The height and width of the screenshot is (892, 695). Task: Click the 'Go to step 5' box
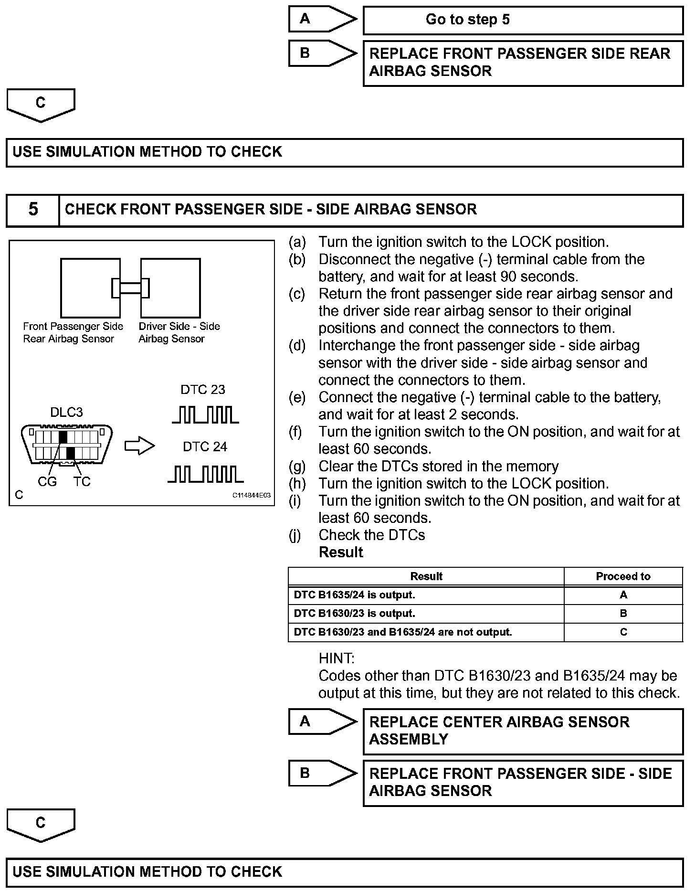point(523,20)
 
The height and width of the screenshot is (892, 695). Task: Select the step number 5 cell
point(33,210)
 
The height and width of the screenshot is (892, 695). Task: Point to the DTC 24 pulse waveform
point(205,474)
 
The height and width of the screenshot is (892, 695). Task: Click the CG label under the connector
point(47,482)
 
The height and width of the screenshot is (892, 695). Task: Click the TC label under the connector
point(82,482)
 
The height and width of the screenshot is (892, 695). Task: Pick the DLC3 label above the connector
point(66,413)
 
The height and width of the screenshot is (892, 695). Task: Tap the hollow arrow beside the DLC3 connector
point(139,446)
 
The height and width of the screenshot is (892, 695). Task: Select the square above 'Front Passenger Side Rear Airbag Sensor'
point(90,288)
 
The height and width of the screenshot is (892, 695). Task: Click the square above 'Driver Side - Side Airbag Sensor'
point(170,288)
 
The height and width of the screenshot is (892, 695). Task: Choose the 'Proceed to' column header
point(623,576)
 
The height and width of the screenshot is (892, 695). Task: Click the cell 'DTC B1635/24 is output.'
point(426,595)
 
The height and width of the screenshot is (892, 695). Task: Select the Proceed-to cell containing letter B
point(623,614)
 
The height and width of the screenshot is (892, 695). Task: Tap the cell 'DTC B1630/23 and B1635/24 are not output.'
point(426,632)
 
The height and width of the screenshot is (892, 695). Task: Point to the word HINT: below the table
point(337,658)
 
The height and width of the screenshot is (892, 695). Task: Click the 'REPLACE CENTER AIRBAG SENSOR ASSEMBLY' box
point(523,731)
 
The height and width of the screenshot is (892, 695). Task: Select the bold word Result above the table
point(341,552)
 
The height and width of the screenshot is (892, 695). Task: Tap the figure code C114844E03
point(251,496)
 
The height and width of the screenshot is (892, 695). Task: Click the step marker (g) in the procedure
point(297,467)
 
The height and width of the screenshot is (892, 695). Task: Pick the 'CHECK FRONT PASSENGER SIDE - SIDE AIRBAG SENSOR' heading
point(271,210)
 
